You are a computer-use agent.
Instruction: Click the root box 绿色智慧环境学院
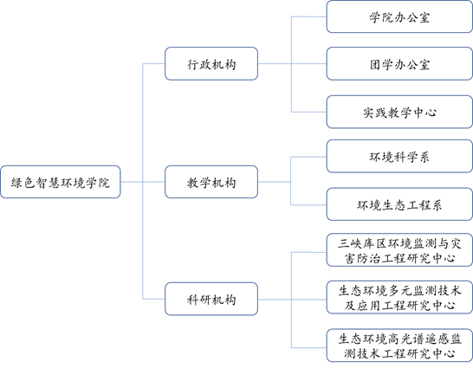tap(61, 182)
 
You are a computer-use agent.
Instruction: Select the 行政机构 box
tap(211, 63)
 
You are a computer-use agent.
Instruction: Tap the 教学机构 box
tap(211, 182)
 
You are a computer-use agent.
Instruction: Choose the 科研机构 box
tap(211, 299)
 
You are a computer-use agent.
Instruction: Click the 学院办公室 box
tap(399, 16)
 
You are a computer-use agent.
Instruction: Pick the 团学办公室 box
tap(399, 63)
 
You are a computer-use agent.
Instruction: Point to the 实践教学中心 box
tap(399, 112)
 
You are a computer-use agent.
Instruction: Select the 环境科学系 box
tap(399, 156)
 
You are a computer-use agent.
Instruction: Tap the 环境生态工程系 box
tap(399, 204)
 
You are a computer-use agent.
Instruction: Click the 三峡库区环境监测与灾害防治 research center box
tap(399, 250)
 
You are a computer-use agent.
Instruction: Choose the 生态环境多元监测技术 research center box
tap(399, 298)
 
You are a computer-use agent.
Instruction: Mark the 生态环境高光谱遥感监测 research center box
tap(399, 345)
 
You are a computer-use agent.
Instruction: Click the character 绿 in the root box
tap(16, 183)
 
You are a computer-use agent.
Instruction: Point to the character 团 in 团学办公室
tap(375, 64)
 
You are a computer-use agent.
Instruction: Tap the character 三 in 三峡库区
tap(343, 243)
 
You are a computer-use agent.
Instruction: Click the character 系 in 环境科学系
tap(424, 157)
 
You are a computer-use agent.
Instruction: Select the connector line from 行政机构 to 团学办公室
tap(292, 63)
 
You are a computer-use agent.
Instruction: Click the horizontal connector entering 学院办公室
tap(309, 16)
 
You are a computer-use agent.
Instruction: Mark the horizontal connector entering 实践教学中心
tap(309, 112)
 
